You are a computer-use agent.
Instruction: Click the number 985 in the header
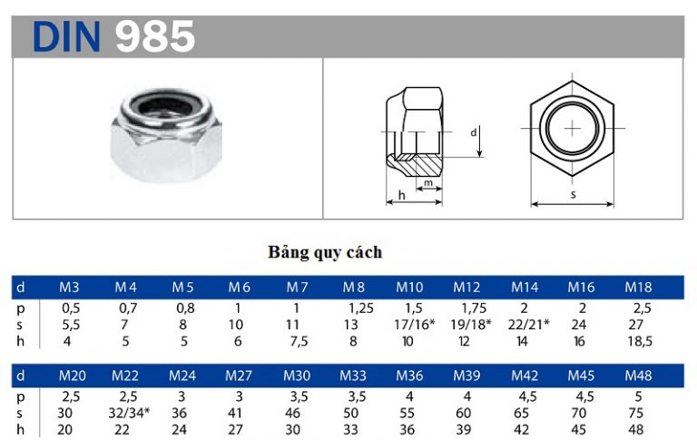(x=155, y=36)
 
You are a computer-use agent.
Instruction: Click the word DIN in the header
(x=66, y=36)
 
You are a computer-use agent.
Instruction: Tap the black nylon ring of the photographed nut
(x=164, y=107)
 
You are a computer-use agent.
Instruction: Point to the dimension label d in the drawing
(x=474, y=132)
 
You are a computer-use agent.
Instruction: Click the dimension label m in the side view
(x=428, y=182)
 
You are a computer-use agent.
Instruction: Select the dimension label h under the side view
(x=402, y=195)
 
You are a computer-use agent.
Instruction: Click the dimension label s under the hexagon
(x=573, y=194)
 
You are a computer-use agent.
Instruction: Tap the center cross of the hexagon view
(x=573, y=129)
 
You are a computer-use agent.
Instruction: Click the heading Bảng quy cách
(x=325, y=252)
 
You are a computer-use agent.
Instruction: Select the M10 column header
(x=409, y=287)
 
